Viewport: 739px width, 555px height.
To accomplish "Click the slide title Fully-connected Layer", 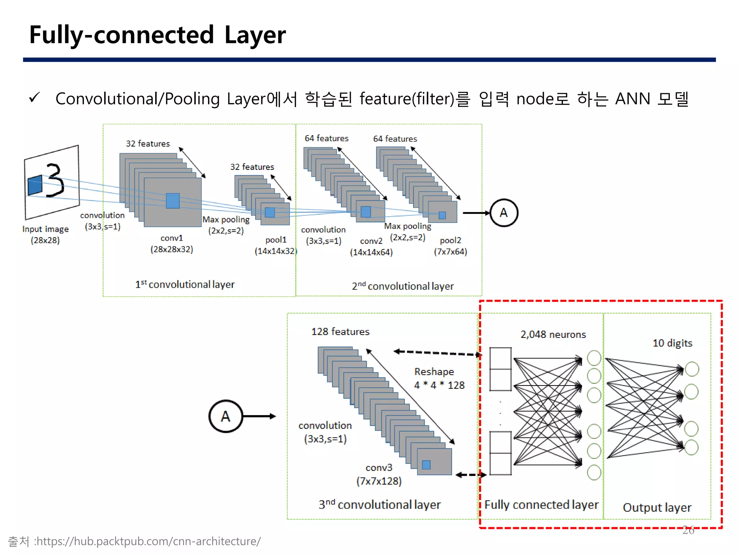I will point(157,35).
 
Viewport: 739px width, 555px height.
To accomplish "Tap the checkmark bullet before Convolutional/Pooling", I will point(35,98).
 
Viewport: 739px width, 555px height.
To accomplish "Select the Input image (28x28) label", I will point(45,235).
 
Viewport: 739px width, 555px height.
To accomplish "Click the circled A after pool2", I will point(504,213).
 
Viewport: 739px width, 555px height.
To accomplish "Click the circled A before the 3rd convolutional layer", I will point(226,416).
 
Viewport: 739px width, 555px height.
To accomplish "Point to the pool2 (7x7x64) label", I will point(450,246).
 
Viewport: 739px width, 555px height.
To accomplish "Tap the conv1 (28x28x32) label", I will point(172,244).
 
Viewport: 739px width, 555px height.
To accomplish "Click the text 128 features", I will point(340,331).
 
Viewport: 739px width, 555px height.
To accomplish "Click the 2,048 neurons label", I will point(553,334).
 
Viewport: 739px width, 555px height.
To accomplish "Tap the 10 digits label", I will point(672,343).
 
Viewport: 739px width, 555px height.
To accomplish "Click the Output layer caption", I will point(657,507).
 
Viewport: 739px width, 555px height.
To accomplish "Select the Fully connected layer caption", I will point(541,504).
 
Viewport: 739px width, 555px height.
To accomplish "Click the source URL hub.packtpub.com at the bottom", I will point(148,541).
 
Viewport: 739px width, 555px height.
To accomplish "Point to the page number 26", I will point(688,530).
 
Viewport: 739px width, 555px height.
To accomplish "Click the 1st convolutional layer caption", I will point(185,284).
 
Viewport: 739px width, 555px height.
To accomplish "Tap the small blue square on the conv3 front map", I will point(426,465).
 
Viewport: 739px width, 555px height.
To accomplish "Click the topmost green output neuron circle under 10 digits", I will point(692,369).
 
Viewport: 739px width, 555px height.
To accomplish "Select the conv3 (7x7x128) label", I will point(379,474).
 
